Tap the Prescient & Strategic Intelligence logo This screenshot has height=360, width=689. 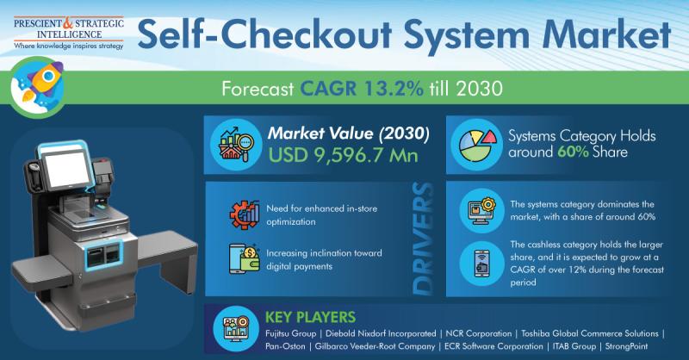click(x=69, y=34)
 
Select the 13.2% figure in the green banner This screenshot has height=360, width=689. click(x=394, y=89)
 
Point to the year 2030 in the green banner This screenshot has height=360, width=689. click(x=479, y=89)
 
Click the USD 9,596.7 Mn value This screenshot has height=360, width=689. click(x=343, y=156)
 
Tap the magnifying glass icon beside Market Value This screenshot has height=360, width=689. click(x=237, y=144)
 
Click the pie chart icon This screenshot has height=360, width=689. click(x=477, y=145)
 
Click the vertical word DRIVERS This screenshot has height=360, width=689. click(x=423, y=239)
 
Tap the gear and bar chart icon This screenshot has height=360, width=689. click(x=245, y=214)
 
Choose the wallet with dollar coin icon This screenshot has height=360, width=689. click(x=245, y=259)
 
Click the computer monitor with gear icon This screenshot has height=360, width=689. click(x=482, y=210)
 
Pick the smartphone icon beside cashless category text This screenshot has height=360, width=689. click(x=482, y=264)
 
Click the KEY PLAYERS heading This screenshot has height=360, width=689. click(x=310, y=317)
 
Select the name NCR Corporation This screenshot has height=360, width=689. click(x=479, y=333)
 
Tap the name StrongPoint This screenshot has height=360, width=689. click(x=626, y=346)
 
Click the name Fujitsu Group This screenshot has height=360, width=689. click(x=290, y=333)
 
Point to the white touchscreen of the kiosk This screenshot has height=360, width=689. click(x=67, y=169)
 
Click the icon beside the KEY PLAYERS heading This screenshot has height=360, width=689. click(x=236, y=329)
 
